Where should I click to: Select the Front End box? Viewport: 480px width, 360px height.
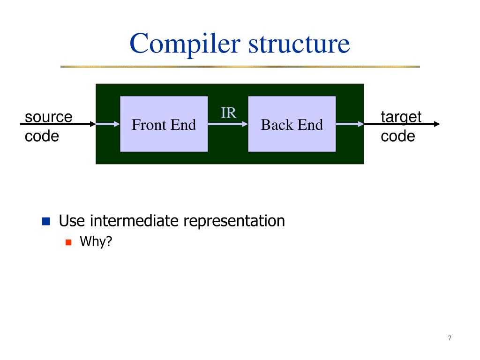tap(164, 124)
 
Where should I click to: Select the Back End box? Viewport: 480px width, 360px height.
tap(292, 124)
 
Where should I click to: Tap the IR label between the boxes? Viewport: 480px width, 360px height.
tap(228, 113)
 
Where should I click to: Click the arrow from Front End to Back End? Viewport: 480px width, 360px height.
tap(228, 124)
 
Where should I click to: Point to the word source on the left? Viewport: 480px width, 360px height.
tap(49, 117)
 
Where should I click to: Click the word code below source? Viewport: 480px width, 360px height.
tap(42, 136)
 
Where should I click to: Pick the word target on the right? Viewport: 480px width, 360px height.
tap(401, 117)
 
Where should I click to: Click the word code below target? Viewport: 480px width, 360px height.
tap(398, 136)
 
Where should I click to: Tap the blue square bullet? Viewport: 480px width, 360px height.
tap(46, 221)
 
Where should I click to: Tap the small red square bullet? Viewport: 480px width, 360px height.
tap(68, 242)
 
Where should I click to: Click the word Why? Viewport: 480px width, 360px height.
tap(97, 242)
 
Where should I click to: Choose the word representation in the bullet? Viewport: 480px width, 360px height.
tap(234, 221)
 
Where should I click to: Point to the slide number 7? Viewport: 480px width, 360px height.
tap(450, 338)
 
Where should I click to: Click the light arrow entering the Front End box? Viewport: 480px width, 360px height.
tap(108, 124)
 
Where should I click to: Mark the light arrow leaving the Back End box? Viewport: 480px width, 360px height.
tap(350, 124)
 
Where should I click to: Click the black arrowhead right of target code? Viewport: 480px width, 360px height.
tap(437, 124)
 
